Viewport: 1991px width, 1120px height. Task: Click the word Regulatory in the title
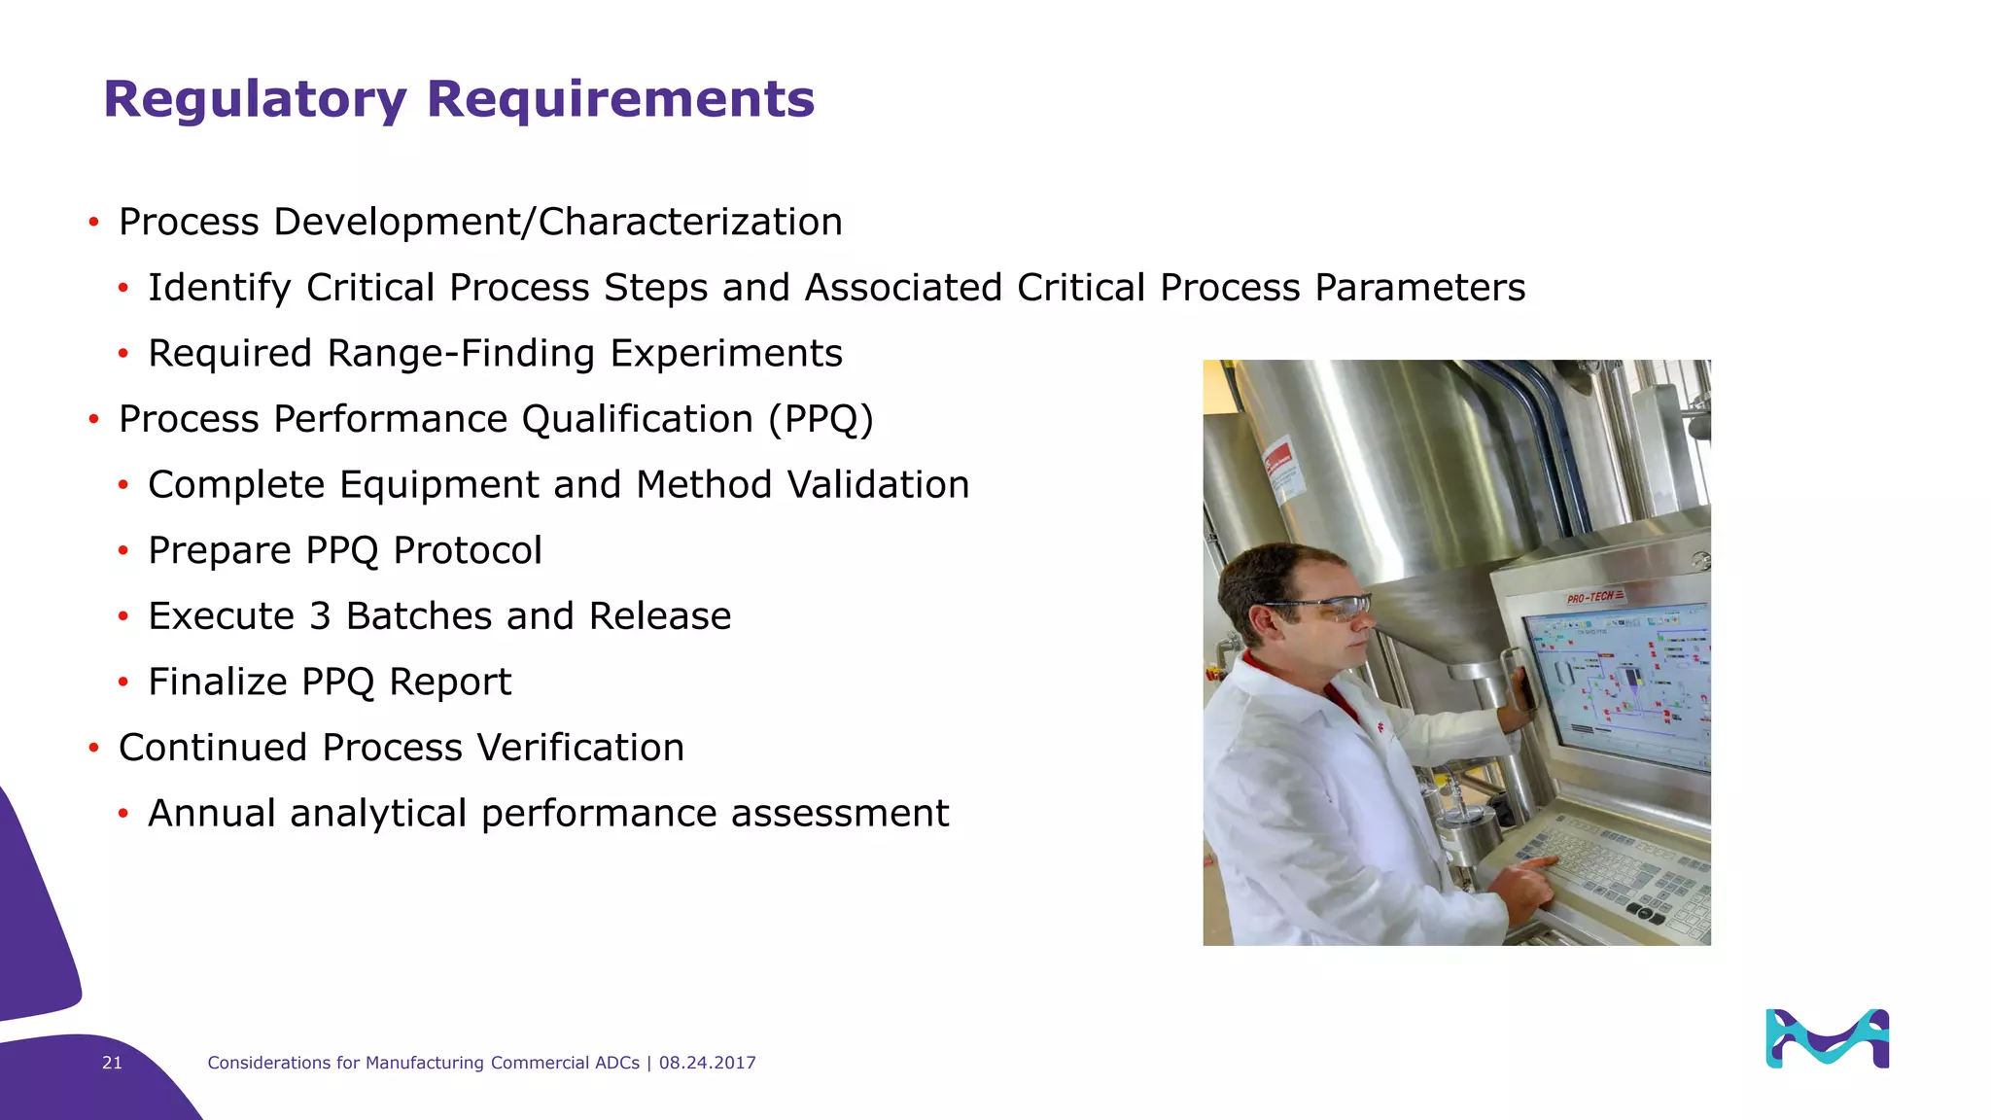coord(255,100)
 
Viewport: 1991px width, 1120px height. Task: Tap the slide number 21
coord(112,1063)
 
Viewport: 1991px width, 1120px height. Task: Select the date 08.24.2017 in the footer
coord(707,1063)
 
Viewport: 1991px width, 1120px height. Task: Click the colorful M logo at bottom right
coord(1827,1038)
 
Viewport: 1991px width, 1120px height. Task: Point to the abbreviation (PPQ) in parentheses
coord(821,419)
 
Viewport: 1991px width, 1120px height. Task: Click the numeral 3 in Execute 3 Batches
coord(320,616)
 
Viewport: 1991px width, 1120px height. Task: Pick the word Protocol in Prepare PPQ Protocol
coord(467,551)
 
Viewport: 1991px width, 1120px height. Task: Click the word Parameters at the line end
coord(1419,288)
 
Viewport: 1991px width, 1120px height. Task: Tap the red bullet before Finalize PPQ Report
coord(123,682)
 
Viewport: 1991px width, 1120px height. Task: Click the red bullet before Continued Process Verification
coord(94,748)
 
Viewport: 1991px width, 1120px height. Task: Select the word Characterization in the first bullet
coord(690,223)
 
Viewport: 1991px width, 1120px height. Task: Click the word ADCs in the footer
coord(616,1063)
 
